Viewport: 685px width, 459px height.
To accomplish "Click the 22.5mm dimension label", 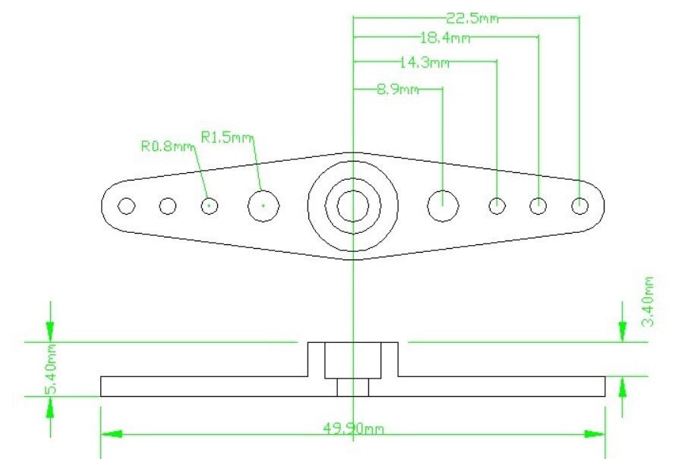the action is (472, 18).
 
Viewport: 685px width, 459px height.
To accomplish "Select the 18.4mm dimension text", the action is (446, 38).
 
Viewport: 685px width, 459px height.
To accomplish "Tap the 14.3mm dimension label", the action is (425, 63).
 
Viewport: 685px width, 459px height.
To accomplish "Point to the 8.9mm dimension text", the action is (398, 90).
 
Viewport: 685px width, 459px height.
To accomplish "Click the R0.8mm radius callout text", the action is (167, 146).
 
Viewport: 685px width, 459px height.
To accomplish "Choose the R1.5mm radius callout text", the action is (227, 137).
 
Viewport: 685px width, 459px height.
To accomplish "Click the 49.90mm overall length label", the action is (354, 429).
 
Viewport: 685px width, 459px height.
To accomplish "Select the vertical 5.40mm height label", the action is (51, 369).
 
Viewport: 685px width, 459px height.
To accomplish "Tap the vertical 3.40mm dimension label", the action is (649, 301).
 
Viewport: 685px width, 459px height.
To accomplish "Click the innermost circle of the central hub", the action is (353, 190).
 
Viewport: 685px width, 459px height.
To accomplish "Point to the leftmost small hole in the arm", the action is (126, 198).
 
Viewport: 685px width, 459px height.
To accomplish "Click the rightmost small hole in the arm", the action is (579, 197).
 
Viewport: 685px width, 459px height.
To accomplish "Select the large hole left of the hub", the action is (264, 190).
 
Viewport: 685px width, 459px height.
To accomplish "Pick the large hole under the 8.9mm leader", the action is (443, 190).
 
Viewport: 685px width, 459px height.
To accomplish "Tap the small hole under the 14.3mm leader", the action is (497, 198).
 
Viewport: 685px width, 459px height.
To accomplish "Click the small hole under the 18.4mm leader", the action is (538, 198).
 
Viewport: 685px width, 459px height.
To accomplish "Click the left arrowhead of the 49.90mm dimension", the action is (112, 435).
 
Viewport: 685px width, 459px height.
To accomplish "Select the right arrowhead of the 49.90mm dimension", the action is (595, 435).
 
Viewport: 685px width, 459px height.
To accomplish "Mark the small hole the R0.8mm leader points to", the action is (210, 198).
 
